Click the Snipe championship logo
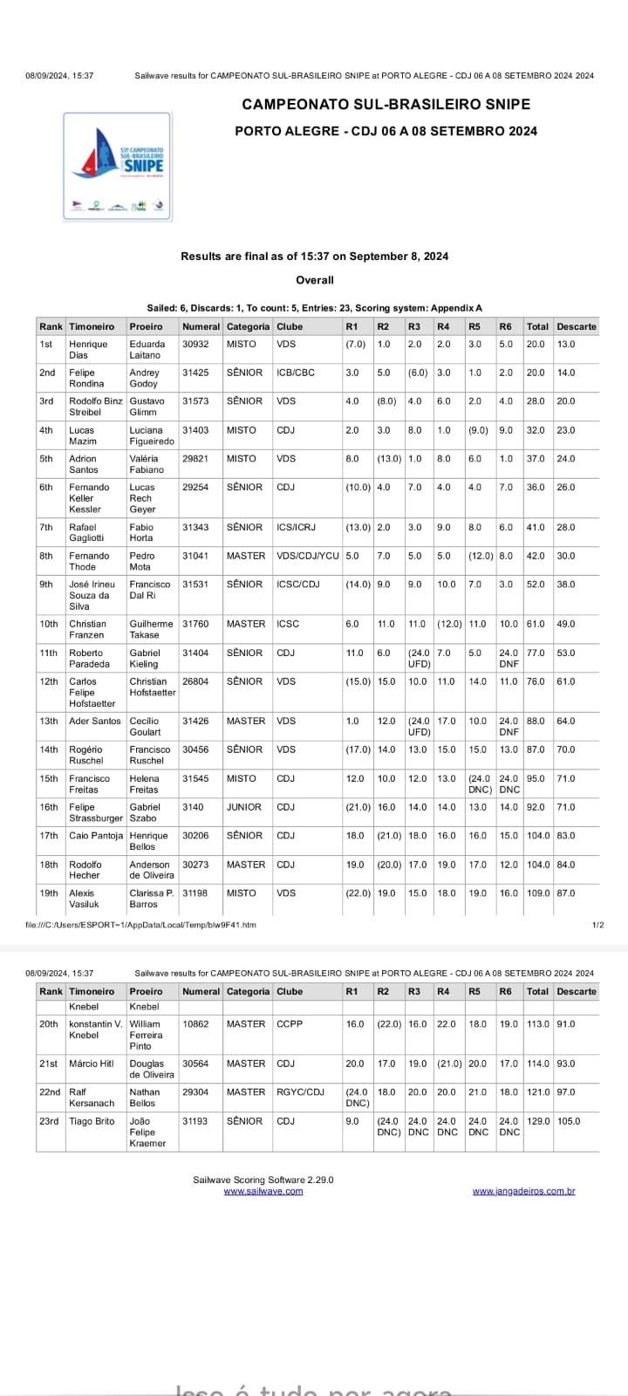pyautogui.click(x=117, y=166)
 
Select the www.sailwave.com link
pyautogui.click(x=263, y=1191)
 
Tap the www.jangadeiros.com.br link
pyautogui.click(x=523, y=1191)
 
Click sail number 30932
pyautogui.click(x=195, y=345)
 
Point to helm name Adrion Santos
pyautogui.click(x=83, y=464)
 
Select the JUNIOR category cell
pyautogui.click(x=244, y=807)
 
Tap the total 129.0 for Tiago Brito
pyautogui.click(x=537, y=1121)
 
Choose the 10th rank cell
pyautogui.click(x=49, y=624)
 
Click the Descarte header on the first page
pyautogui.click(x=577, y=326)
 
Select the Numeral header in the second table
pyautogui.click(x=201, y=991)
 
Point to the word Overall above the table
pyautogui.click(x=315, y=280)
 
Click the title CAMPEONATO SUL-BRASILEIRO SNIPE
pyautogui.click(x=386, y=104)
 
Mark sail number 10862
pyautogui.click(x=195, y=1023)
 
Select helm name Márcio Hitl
pyautogui.click(x=92, y=1064)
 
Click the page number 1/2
pyautogui.click(x=597, y=925)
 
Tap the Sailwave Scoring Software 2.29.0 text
pyautogui.click(x=263, y=1180)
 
